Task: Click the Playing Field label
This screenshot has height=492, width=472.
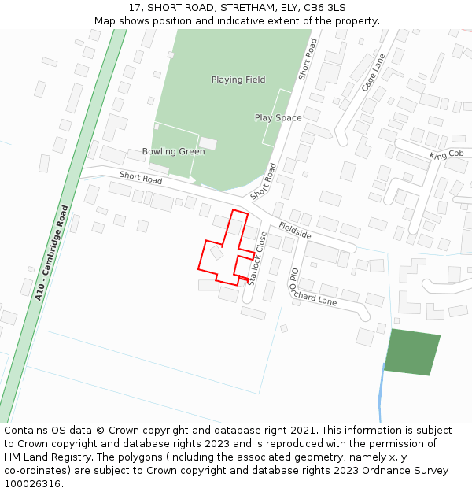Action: point(238,80)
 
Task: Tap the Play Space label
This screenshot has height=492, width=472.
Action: point(278,118)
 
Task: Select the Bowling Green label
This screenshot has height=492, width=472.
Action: point(173,151)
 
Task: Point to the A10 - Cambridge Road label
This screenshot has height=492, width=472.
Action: point(51,253)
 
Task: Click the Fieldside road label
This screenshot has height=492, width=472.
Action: point(295,225)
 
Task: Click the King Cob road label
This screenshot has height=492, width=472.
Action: point(446,155)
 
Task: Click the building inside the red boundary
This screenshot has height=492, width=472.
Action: point(216,253)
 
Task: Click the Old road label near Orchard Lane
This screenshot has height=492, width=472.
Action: point(293,280)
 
